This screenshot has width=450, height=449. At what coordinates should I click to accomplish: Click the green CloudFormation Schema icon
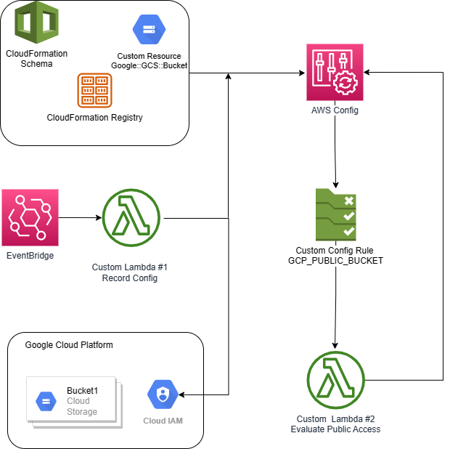coord(36,23)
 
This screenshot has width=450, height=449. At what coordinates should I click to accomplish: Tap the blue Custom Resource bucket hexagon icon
coord(149,30)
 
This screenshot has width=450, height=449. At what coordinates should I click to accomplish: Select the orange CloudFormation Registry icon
coord(94,91)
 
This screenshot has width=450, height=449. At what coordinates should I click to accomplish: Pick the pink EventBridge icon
coord(30,217)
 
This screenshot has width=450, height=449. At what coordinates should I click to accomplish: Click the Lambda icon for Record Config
coord(131,217)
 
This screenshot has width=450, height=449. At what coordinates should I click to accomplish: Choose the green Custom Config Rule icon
coord(335,214)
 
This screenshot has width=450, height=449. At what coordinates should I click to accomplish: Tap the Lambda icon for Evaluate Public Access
coord(335,381)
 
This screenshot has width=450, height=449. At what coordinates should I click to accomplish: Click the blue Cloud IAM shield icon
coord(163,395)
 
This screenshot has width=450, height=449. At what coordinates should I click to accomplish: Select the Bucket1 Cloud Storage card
coord(72,400)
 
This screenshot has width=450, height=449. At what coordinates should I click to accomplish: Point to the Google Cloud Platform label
coord(69,345)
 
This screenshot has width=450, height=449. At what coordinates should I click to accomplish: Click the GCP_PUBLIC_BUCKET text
coord(335,260)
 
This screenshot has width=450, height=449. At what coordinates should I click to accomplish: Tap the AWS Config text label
coord(335,110)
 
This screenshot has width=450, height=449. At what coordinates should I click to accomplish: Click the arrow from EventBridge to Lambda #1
coord(80,217)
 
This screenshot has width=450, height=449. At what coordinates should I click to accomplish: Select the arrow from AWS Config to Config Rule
coord(335,153)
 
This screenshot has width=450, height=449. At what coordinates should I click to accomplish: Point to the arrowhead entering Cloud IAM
coord(181,395)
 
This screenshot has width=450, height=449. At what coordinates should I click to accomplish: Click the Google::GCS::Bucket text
coord(149,65)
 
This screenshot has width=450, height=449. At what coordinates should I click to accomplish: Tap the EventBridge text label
coord(30,255)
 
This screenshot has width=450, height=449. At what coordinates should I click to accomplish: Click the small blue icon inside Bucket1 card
coord(46,400)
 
